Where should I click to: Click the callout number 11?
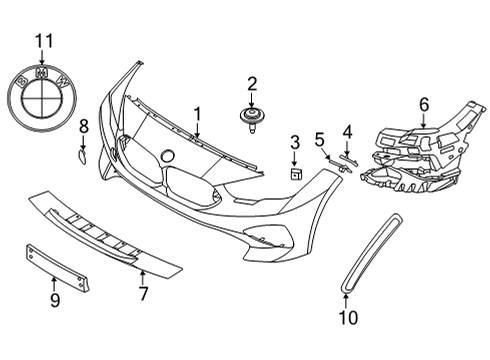(42, 41)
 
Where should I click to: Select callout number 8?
(83, 126)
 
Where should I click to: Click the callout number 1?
(197, 114)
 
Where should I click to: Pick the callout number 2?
(252, 85)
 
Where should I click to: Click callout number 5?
(320, 138)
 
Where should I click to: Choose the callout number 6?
(423, 103)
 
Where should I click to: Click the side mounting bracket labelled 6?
(420, 150)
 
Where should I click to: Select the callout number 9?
(55, 299)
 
